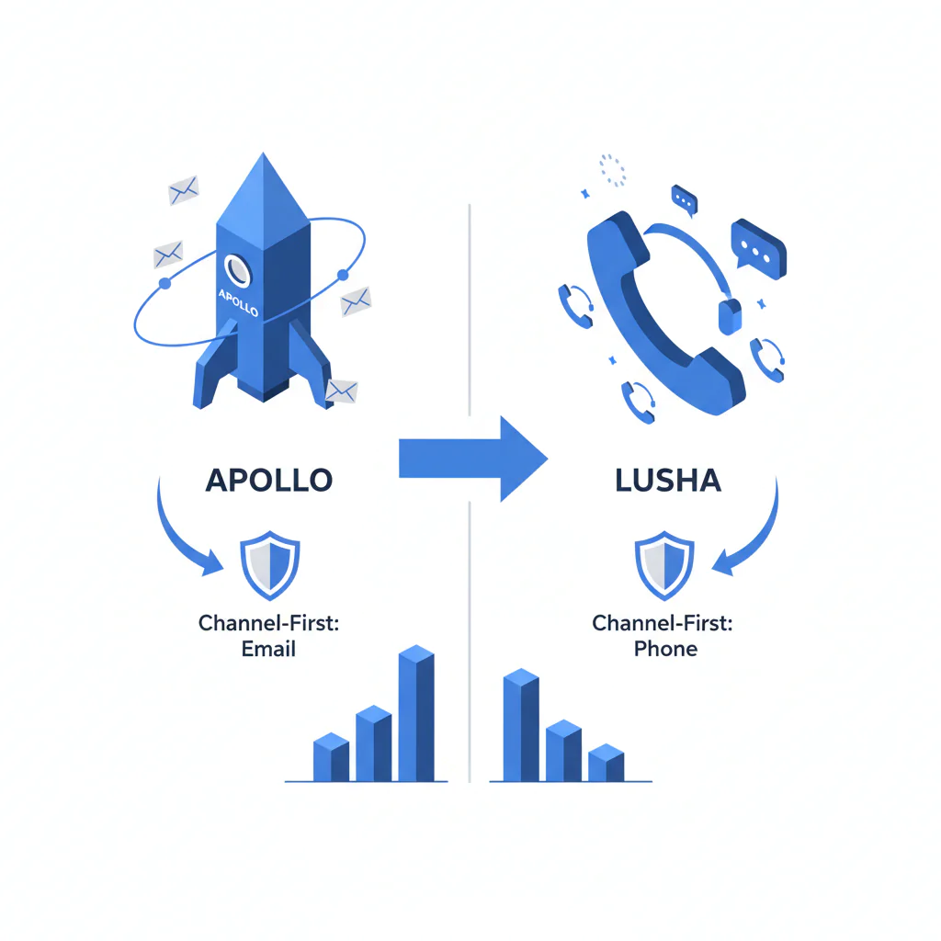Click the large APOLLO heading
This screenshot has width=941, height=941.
(x=269, y=480)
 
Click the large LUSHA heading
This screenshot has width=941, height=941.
(x=668, y=480)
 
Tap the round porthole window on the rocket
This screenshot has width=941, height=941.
(x=238, y=270)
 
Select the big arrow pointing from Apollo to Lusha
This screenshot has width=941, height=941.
(x=473, y=459)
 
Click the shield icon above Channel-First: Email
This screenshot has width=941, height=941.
(x=270, y=565)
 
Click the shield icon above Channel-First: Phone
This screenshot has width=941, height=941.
(x=664, y=565)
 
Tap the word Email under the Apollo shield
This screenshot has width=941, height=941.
(x=268, y=649)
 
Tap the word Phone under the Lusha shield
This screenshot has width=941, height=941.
(x=665, y=649)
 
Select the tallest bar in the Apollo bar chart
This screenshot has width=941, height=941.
(x=416, y=713)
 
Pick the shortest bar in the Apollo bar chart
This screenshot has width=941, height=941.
(x=331, y=757)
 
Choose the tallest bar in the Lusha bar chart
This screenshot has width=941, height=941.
(x=521, y=725)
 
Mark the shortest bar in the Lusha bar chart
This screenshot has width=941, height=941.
(x=607, y=763)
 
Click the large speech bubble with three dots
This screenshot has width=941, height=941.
(x=758, y=249)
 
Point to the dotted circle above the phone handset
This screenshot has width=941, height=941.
(x=612, y=170)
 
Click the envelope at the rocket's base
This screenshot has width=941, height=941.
(x=342, y=391)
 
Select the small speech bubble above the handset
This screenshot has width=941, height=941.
(x=684, y=199)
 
